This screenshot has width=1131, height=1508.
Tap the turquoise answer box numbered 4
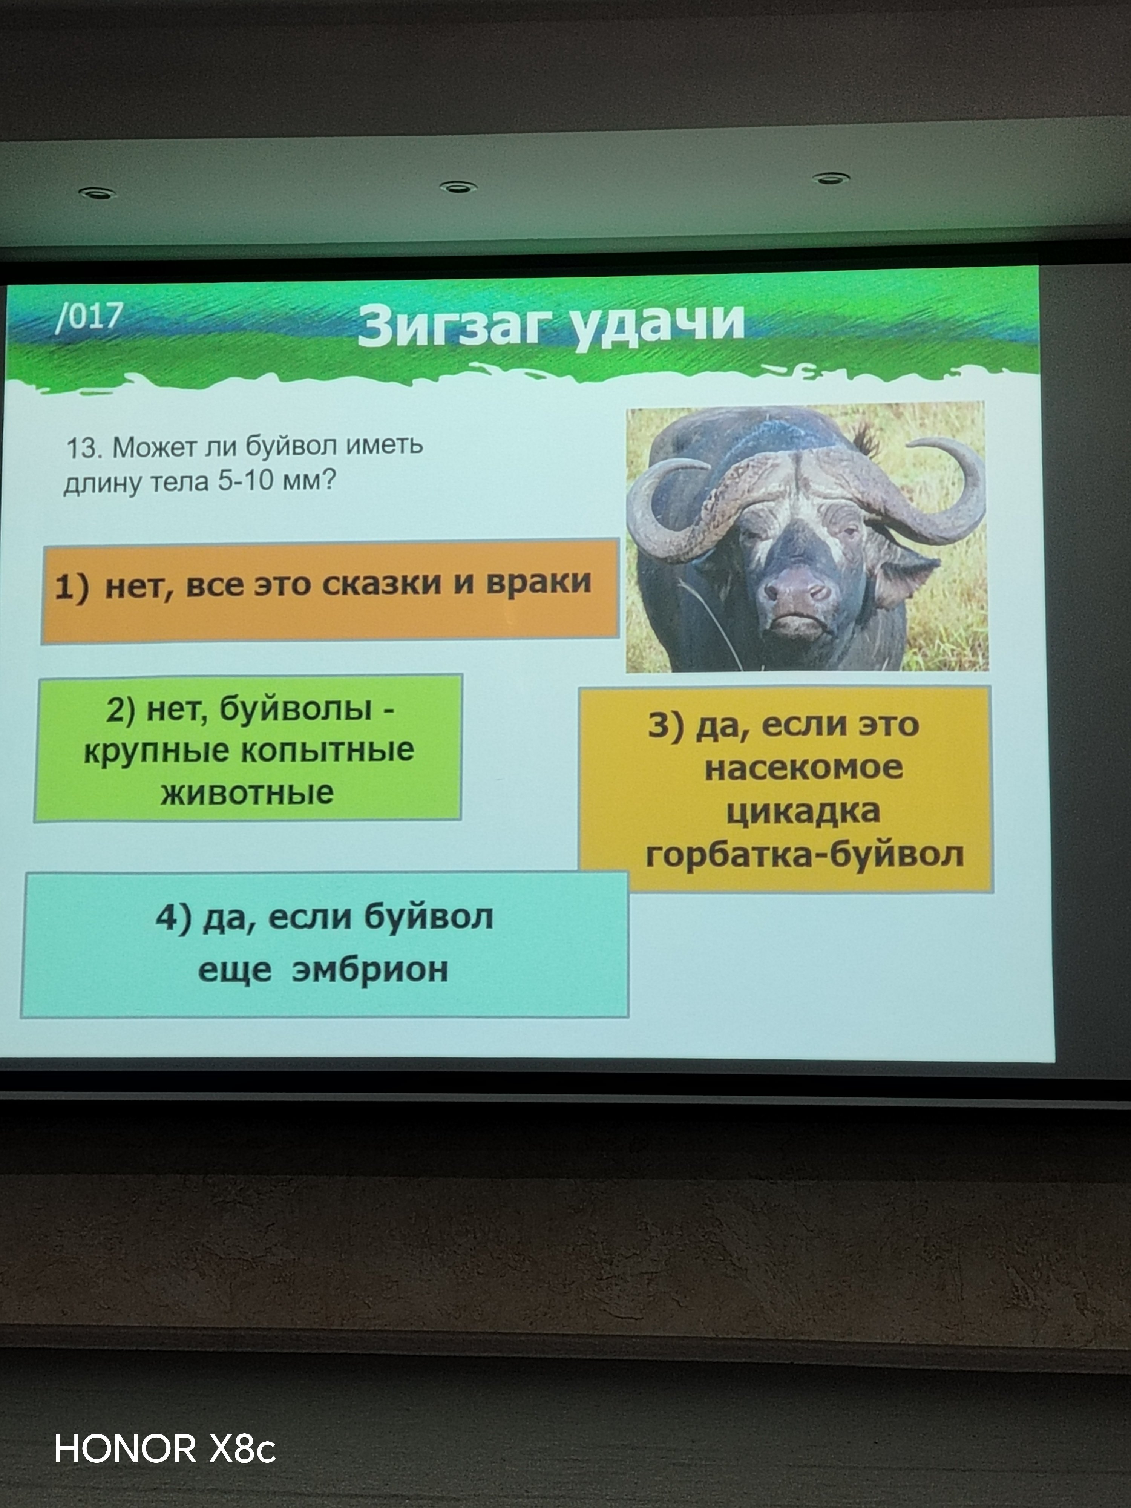(x=325, y=944)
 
